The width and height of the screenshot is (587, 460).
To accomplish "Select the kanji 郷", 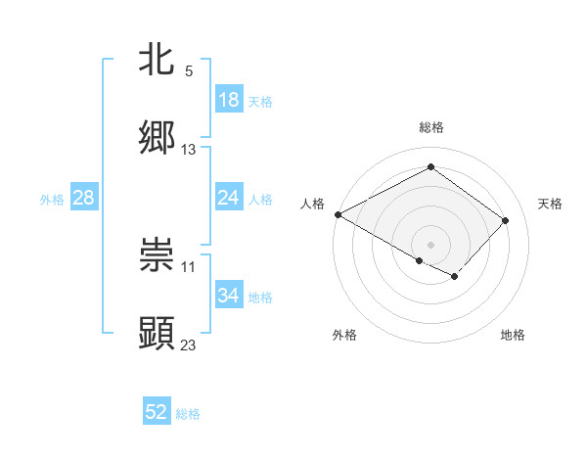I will point(157,137).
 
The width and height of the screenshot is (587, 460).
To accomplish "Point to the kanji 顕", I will point(157,333).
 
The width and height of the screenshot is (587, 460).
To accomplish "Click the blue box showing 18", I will point(229,100).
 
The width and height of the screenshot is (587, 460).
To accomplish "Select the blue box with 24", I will point(229,198).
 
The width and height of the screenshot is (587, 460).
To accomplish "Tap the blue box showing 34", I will point(229,296).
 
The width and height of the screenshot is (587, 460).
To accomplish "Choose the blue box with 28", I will point(84,198).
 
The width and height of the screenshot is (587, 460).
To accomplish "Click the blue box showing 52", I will point(157,412).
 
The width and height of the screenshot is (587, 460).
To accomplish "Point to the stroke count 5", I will point(189,71).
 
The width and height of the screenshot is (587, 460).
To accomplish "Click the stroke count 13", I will point(189,149).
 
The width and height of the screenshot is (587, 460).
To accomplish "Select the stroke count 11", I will point(189,266).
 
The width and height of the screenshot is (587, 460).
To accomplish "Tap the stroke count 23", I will point(189,345).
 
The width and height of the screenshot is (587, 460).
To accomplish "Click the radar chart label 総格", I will point(430,127).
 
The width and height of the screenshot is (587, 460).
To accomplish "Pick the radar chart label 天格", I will point(550,204).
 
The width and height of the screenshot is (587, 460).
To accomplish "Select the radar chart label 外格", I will point(344,335).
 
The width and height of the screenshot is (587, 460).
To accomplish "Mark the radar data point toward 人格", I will point(338,214).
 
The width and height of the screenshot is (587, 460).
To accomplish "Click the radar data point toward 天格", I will point(505,220).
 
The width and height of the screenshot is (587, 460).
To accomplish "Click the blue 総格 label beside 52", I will point(188,414).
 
